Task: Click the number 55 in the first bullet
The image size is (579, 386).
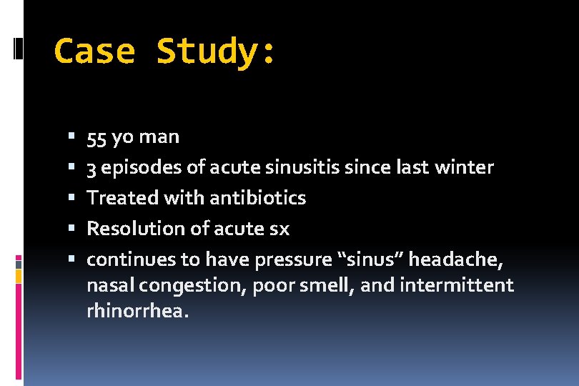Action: [x=96, y=137]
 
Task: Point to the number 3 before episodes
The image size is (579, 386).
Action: [x=91, y=167]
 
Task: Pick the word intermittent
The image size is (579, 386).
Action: [x=457, y=285]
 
